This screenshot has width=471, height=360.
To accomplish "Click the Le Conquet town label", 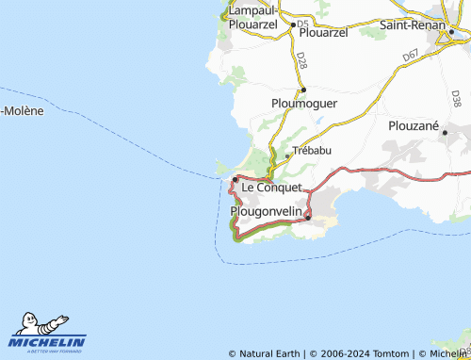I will click(271, 188).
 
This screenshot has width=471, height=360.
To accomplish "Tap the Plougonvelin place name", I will click(267, 212).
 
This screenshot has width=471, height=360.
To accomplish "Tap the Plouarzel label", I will click(323, 31).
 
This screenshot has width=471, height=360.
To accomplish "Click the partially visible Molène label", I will click(22, 111).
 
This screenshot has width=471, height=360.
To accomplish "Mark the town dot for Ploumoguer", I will click(302, 90).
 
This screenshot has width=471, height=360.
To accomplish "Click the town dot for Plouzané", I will click(445, 133).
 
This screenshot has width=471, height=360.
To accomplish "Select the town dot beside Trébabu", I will click(287, 155).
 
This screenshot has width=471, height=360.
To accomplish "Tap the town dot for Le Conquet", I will click(235, 179).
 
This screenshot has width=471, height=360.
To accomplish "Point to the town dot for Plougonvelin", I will click(308, 219).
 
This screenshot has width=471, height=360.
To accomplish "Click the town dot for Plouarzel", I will click(293, 25).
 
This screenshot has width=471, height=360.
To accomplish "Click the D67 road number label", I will click(411, 57).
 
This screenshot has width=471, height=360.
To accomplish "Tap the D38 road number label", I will click(456, 98).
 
